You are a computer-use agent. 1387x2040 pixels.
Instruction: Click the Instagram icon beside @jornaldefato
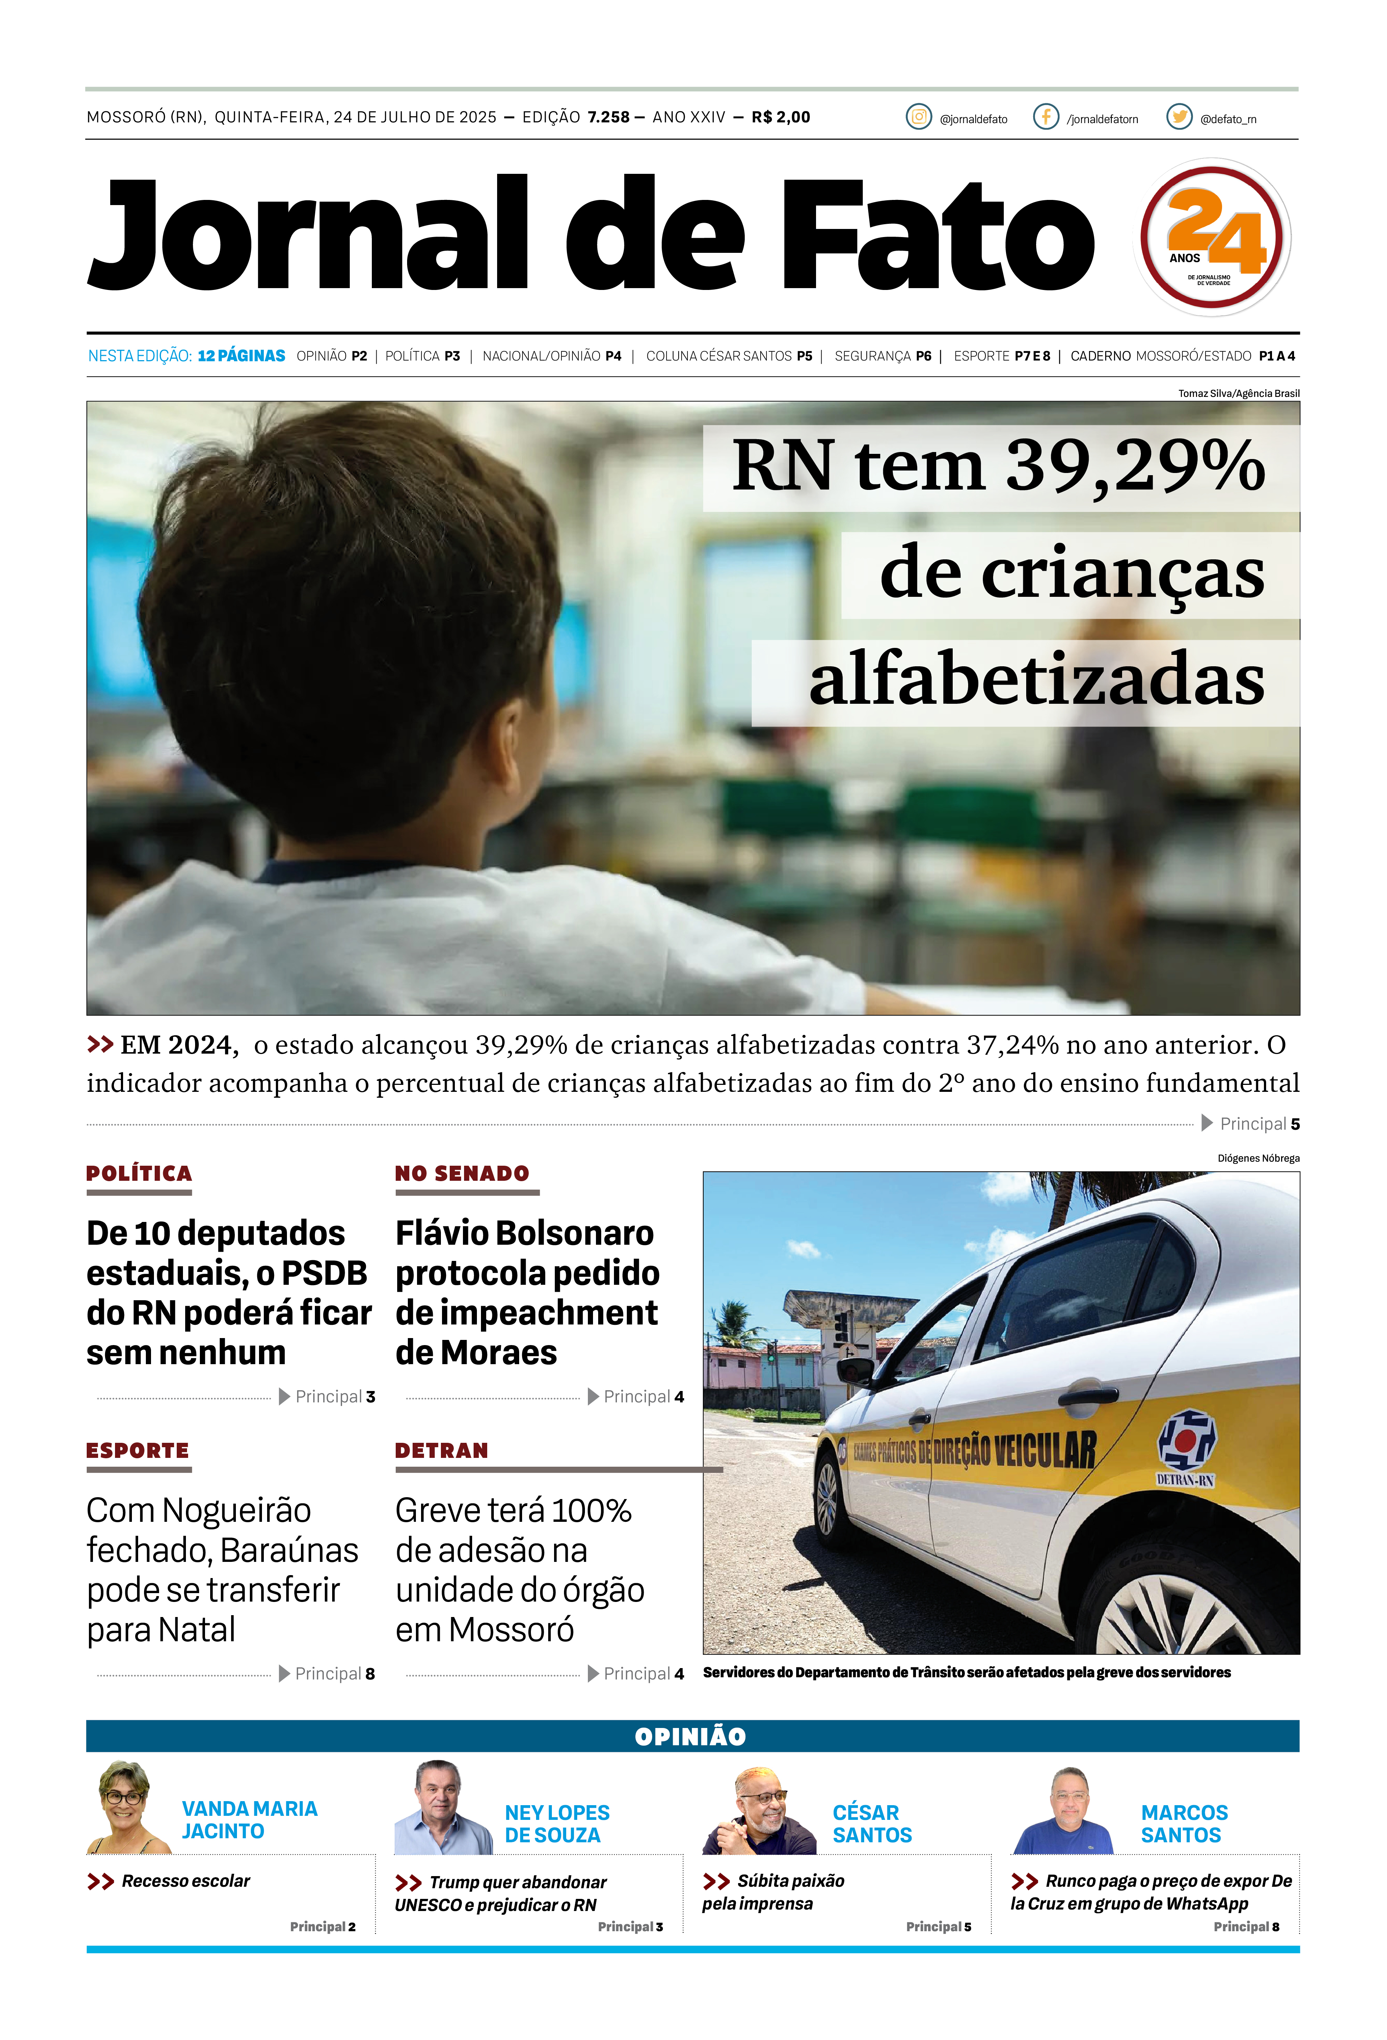[x=918, y=117]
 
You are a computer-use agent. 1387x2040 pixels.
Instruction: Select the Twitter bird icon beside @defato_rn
[x=1179, y=117]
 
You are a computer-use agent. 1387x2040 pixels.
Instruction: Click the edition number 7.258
[x=608, y=117]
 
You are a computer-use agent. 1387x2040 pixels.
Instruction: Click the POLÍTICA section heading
[x=139, y=1173]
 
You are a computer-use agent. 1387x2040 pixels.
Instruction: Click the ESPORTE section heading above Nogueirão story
[x=138, y=1451]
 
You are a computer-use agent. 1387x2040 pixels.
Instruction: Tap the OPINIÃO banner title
[x=691, y=1736]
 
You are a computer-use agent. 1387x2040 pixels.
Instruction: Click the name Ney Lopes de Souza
[x=557, y=1824]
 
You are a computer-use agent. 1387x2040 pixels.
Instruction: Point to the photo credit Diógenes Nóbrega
[x=1258, y=1159]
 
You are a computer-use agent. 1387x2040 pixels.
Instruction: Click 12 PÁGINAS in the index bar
[x=241, y=355]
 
